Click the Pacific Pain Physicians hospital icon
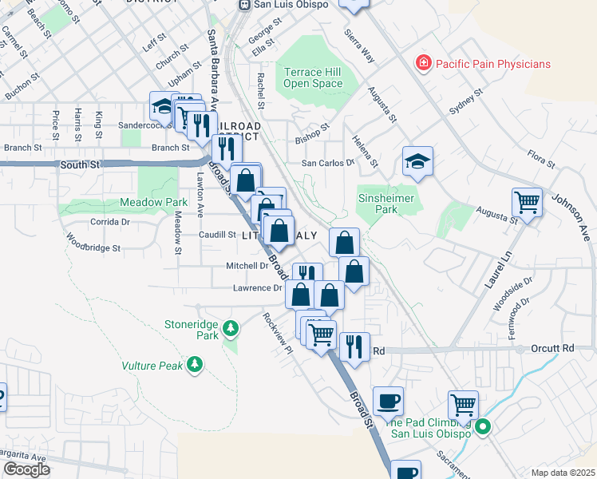(422, 63)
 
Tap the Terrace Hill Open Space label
(313, 77)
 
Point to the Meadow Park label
(154, 203)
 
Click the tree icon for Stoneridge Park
(231, 328)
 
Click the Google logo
(26, 469)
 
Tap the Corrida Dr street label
(109, 222)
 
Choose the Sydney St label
(467, 103)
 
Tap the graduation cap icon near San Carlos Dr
(417, 162)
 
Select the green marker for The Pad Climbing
(482, 429)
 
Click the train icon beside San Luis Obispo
(246, 5)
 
